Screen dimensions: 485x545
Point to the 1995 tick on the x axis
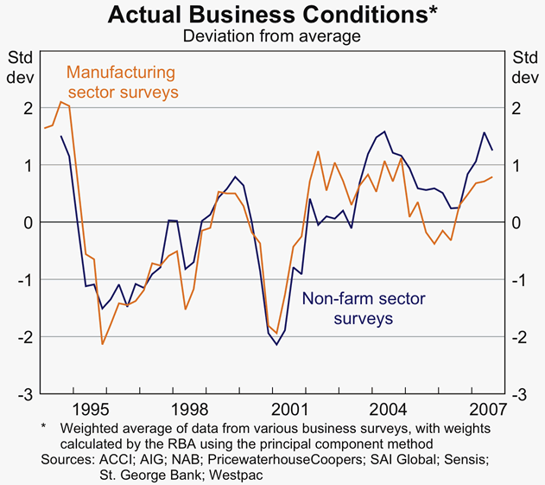(91, 407)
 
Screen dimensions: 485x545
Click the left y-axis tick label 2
(28, 108)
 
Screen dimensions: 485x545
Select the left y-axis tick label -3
(25, 394)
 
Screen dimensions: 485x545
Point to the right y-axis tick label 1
(516, 165)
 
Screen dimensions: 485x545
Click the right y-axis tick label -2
(519, 337)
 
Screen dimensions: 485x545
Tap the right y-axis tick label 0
(516, 223)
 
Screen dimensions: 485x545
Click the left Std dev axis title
(21, 67)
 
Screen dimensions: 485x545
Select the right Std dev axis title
(524, 67)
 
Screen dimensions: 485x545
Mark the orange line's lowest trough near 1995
(103, 344)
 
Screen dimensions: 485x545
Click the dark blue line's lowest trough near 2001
(277, 345)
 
